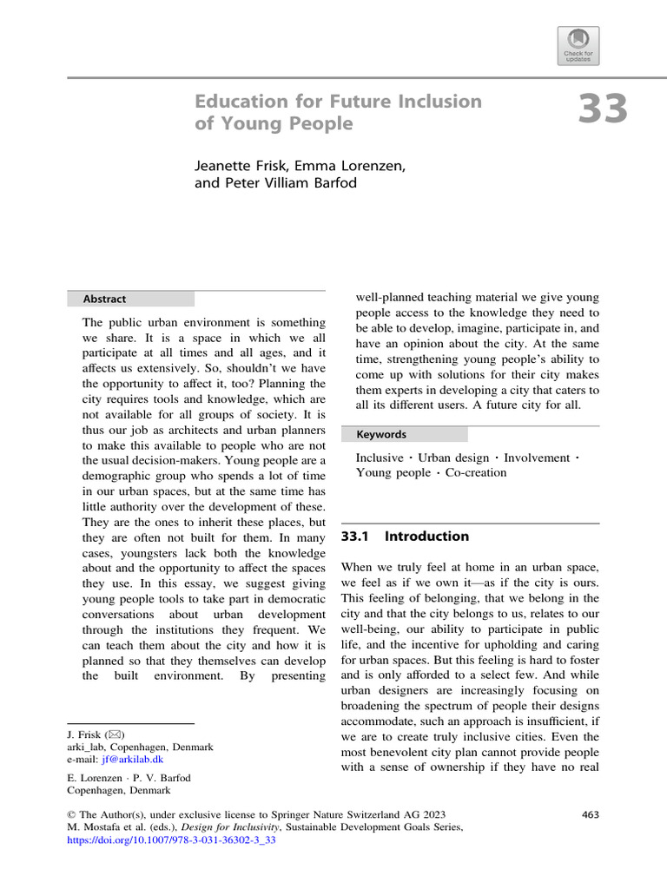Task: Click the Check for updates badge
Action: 579,45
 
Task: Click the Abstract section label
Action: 103,299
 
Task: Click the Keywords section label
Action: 382,434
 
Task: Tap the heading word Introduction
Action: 431,537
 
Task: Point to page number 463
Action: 589,814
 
